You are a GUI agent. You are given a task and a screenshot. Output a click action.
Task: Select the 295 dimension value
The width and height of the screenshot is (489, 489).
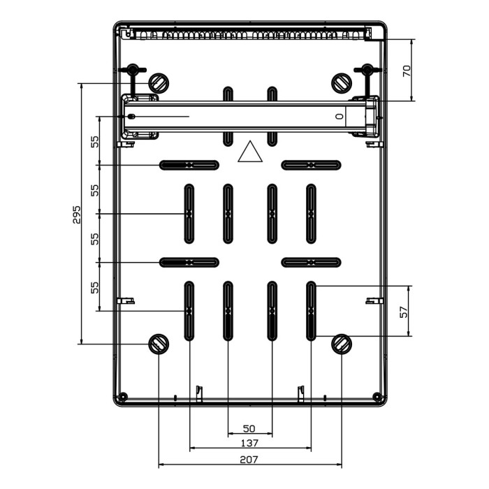pos(77,214)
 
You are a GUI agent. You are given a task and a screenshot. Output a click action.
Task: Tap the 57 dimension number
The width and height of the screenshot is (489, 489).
pos(403,312)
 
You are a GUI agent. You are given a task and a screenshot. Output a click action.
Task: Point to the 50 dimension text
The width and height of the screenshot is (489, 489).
pos(249,428)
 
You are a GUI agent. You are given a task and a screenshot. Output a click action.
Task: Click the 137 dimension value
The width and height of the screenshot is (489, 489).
pos(249,443)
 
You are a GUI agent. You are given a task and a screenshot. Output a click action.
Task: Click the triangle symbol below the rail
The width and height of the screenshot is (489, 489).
pos(250,152)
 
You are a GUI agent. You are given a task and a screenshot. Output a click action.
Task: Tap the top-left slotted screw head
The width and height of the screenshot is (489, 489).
pos(160,83)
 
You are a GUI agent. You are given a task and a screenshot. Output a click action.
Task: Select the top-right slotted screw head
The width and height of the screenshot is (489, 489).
pos(341,83)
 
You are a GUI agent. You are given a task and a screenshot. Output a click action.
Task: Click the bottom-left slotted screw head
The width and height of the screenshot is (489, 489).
pos(159,343)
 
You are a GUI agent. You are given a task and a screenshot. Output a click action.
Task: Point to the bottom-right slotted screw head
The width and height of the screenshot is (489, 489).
pos(342,343)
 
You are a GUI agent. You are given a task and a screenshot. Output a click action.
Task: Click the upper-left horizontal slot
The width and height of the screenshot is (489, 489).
pos(189,165)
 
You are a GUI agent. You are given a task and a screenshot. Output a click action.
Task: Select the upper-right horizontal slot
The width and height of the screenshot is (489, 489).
pos(311,165)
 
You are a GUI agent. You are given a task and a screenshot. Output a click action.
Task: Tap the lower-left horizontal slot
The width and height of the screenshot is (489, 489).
pos(189,262)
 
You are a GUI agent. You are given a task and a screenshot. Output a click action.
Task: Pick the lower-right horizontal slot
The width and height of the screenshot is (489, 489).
pos(311,262)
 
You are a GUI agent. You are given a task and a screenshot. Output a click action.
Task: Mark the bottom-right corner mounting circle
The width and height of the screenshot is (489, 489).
pos(378,397)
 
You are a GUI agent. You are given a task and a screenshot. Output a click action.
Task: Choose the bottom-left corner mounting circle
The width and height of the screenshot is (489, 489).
pos(123,397)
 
